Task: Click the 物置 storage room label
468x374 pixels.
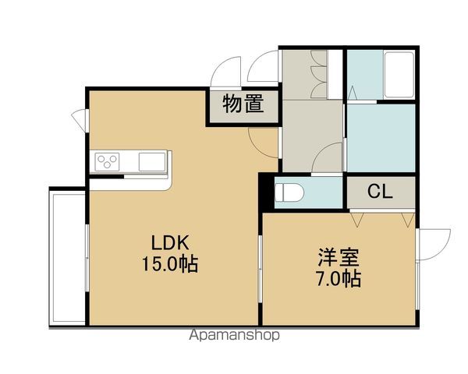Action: coord(243,104)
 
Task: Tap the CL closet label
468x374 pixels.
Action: coord(380,192)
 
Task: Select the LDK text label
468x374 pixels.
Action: coord(170,242)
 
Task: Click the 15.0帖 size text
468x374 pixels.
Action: coord(170,264)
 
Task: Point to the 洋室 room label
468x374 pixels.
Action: coord(339,257)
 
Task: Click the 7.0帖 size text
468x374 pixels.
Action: coord(339,279)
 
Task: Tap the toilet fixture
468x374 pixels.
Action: coord(289,192)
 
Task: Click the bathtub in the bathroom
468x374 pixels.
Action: coord(399,75)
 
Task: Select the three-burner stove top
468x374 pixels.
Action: coord(107,162)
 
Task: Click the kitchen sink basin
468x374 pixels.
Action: coord(152,161)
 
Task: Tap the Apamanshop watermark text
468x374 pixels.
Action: coord(234,335)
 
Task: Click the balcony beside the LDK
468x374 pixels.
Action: coord(67,258)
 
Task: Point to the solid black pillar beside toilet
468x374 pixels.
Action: coord(267,192)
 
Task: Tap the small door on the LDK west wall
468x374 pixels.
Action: coord(80,119)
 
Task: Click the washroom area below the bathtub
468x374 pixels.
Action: coord(381,138)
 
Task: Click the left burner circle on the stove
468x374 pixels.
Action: coord(101,159)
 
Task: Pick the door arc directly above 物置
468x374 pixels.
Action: coord(225,72)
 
